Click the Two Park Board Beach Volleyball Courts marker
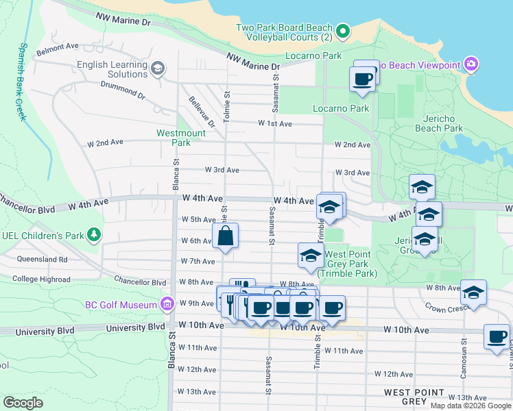point(344,32)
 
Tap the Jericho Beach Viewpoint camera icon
point(471,65)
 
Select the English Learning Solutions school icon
point(158,67)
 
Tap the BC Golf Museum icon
point(167,303)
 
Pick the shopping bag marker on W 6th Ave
point(226,236)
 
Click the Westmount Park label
point(173,138)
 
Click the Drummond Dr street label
point(122,91)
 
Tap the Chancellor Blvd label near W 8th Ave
point(141,282)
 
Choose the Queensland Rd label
point(43,260)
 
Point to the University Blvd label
point(136,328)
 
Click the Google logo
point(23,403)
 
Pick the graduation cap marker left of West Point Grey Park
point(311,256)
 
